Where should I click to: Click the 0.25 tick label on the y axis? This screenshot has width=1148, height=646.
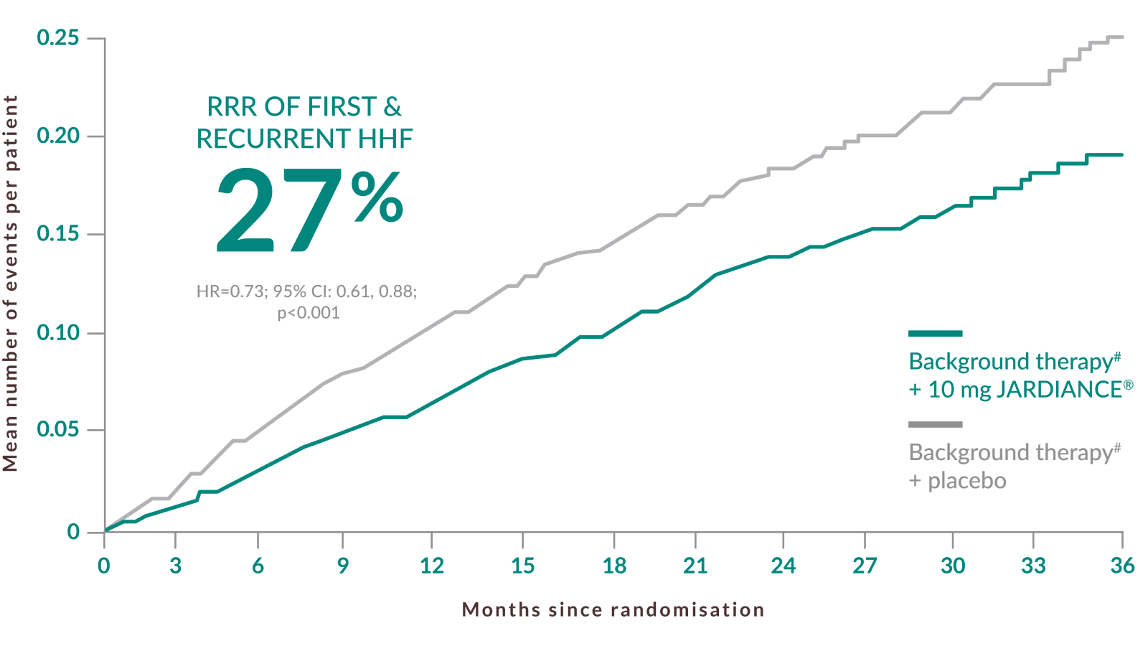[57, 37]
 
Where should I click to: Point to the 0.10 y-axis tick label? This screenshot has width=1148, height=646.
[57, 332]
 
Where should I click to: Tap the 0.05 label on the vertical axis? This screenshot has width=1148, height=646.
[57, 430]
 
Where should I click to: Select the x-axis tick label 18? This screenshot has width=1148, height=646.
[614, 566]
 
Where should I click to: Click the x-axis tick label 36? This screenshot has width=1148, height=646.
[1122, 566]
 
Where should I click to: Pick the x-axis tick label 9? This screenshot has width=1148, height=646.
[343, 566]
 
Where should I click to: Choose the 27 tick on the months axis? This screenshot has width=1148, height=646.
[865, 566]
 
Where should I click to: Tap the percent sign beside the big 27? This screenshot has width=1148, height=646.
[377, 198]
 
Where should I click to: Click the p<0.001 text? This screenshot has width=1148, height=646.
[309, 313]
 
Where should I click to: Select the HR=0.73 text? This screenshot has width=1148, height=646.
[225, 291]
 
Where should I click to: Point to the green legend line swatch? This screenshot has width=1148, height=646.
[935, 333]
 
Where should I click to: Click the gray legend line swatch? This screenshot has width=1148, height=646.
[935, 424]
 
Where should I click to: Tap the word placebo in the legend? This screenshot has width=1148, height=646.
[966, 481]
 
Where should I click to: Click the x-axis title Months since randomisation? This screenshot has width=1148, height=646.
[613, 610]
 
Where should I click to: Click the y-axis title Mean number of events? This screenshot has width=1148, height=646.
[10, 284]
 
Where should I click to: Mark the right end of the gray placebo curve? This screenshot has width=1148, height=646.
[1122, 37]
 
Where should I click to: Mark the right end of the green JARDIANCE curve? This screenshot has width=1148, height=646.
[1122, 154]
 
